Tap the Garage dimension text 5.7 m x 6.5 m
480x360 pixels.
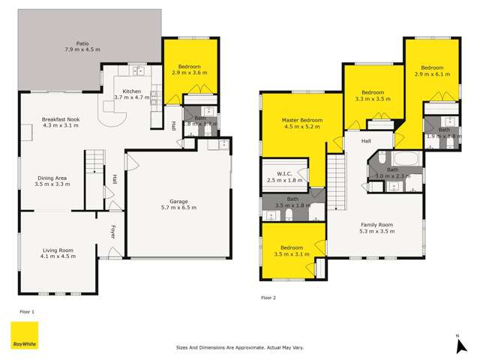point(178,207)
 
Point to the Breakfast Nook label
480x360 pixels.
point(56,118)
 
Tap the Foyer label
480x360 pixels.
point(114,232)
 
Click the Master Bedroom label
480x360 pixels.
point(302,120)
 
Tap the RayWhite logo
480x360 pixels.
point(23,335)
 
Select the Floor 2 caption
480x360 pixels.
point(268,298)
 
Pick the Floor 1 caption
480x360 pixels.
point(27,310)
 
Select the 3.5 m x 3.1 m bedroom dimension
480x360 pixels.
point(292,254)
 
